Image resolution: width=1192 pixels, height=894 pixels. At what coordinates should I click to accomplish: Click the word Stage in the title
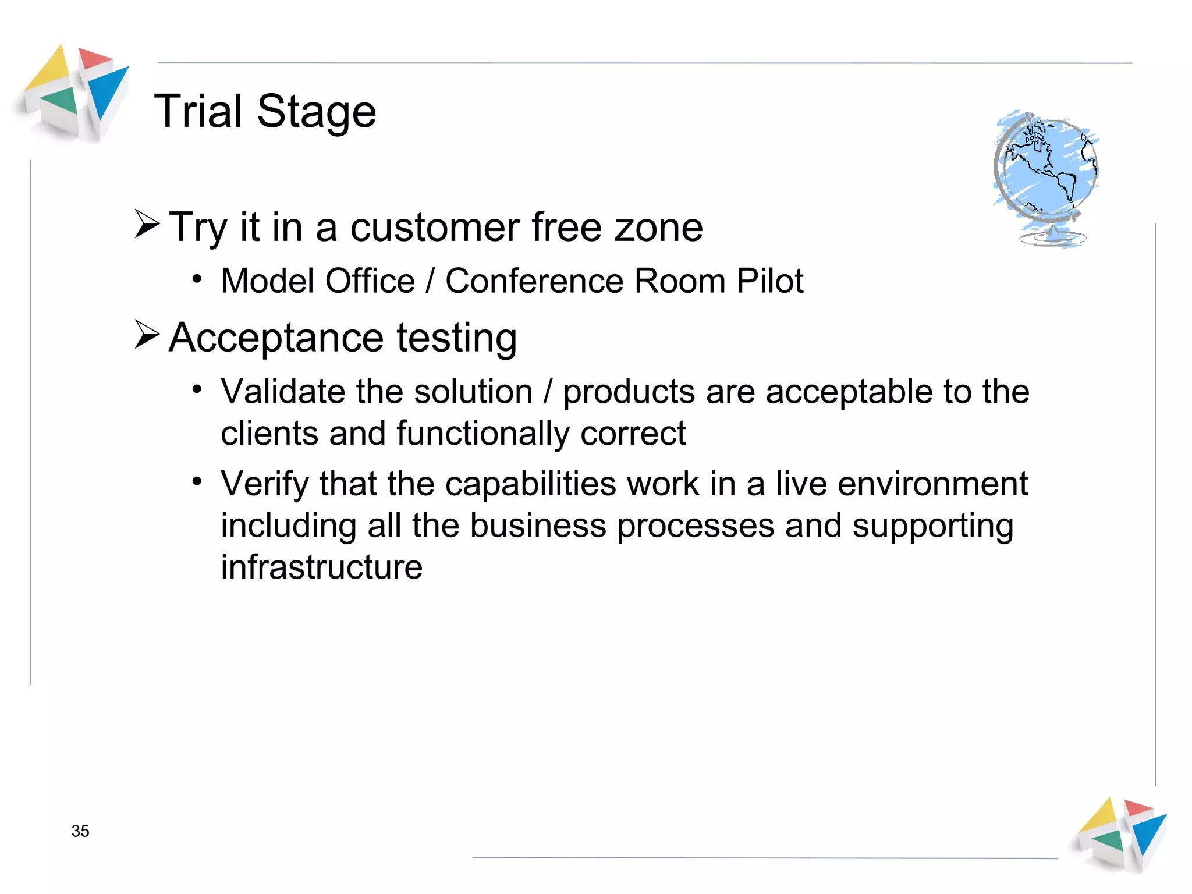[x=317, y=112]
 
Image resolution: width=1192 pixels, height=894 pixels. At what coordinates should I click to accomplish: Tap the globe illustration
[x=1046, y=178]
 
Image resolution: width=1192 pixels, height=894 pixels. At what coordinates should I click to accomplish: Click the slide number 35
[x=80, y=831]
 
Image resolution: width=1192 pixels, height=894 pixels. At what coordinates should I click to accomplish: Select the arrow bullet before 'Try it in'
[x=147, y=224]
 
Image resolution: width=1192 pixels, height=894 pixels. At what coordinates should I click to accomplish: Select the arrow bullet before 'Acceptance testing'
[x=147, y=335]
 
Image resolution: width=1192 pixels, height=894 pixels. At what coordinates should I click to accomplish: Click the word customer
[x=435, y=227]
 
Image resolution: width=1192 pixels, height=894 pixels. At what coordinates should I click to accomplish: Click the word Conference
[x=534, y=281]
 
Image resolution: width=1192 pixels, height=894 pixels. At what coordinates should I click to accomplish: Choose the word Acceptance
[x=276, y=338]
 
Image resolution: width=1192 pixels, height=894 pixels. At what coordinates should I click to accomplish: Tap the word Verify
[x=265, y=484]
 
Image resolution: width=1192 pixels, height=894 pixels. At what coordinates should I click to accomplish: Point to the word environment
[x=932, y=484]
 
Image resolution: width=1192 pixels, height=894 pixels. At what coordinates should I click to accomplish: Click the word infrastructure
[x=321, y=567]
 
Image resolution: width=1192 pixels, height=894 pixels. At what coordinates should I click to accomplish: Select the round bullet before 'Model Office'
[x=197, y=279]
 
